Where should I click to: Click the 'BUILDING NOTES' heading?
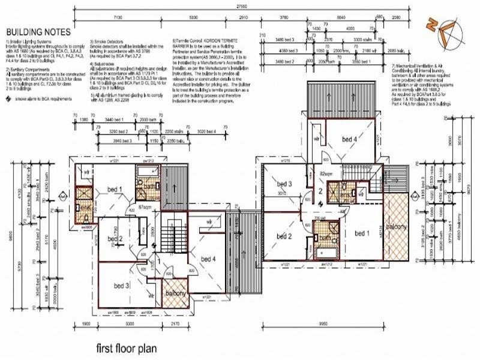[38, 31]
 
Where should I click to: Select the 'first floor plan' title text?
[127, 348]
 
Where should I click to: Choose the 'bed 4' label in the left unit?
[208, 259]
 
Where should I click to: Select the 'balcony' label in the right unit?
[396, 226]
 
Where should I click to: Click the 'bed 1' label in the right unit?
[362, 233]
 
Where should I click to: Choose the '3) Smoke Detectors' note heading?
[108, 42]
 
